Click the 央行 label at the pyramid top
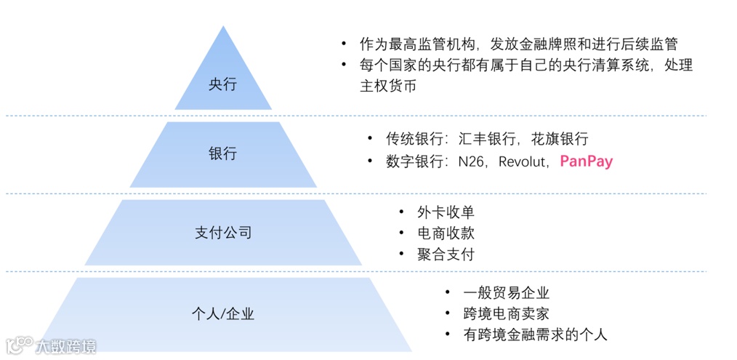coord(222,84)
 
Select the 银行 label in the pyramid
coord(222,154)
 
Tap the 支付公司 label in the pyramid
coord(223,233)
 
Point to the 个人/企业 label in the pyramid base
coord(222,314)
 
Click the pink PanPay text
coord(586,161)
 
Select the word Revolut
coord(522,161)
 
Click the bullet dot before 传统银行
coord(369,139)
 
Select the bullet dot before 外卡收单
coord(400,212)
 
